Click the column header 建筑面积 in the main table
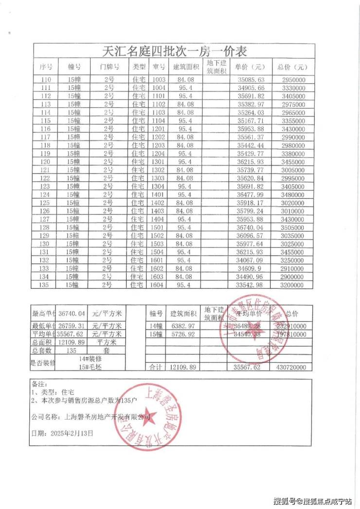coord(186,67)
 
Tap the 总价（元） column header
coord(292,67)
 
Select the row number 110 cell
coord(46,79)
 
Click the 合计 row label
coord(156,368)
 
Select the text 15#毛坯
coord(90,368)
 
